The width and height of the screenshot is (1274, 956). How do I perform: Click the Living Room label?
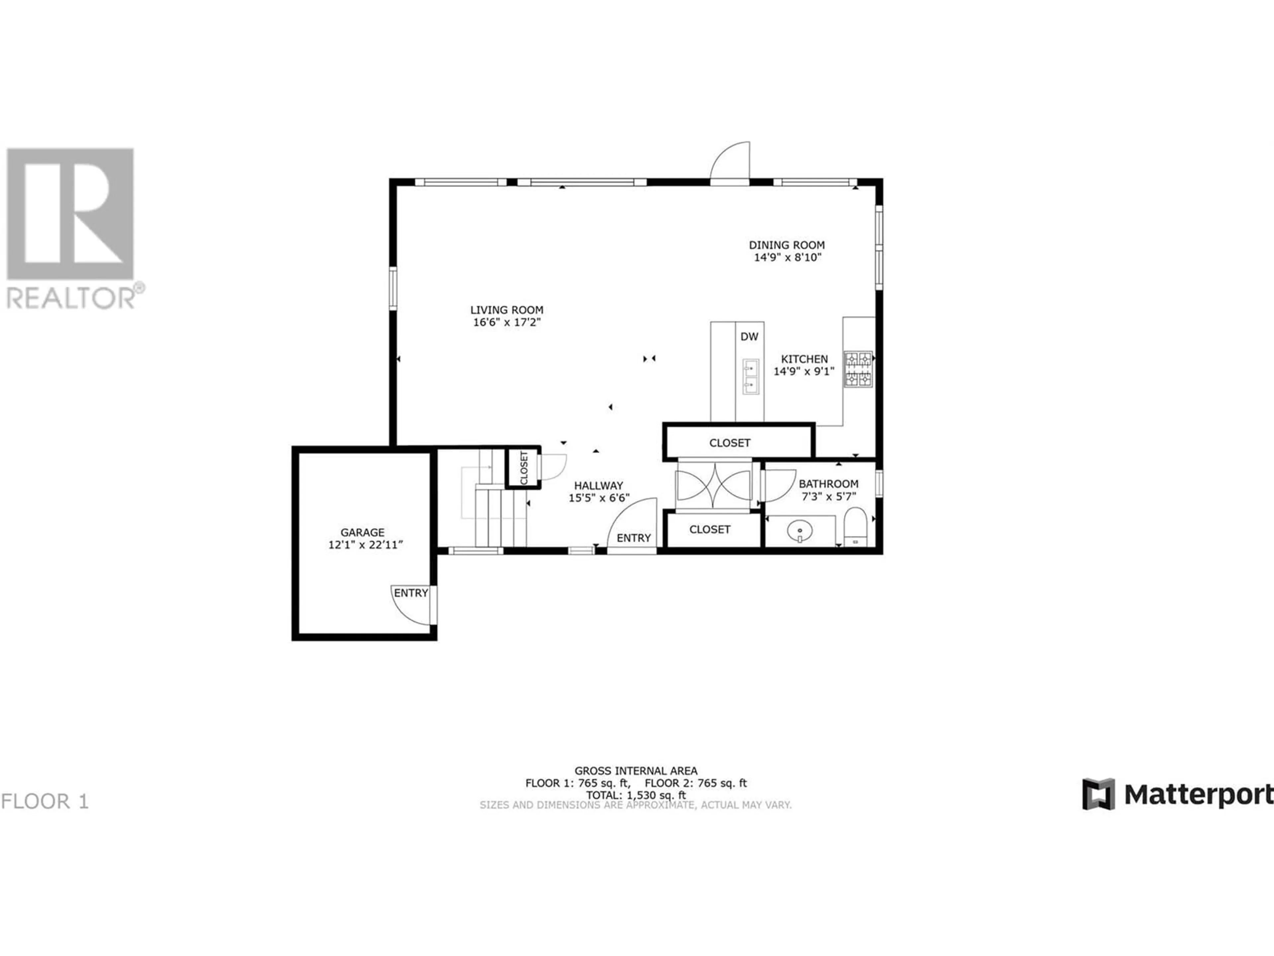pyautogui.click(x=507, y=310)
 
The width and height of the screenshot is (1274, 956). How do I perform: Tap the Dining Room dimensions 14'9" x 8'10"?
pyautogui.click(x=787, y=258)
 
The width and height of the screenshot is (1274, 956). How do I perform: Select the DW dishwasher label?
pyautogui.click(x=749, y=337)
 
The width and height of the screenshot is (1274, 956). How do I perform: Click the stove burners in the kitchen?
pyautogui.click(x=858, y=369)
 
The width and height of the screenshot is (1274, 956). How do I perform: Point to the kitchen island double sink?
pyautogui.click(x=750, y=376)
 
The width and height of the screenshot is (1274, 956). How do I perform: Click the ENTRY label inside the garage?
pyautogui.click(x=411, y=593)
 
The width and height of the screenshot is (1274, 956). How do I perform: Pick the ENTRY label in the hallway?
pyautogui.click(x=634, y=538)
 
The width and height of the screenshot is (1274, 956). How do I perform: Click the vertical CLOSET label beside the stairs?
pyautogui.click(x=524, y=467)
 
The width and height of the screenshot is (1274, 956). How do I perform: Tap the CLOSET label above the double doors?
pyautogui.click(x=730, y=442)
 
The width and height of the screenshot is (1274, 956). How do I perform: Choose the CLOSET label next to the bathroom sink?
pyautogui.click(x=710, y=529)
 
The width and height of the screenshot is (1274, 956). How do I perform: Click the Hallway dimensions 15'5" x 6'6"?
pyautogui.click(x=599, y=498)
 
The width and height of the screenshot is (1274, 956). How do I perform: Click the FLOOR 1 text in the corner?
pyautogui.click(x=45, y=801)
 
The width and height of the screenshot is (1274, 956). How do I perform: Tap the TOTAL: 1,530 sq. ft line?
pyautogui.click(x=636, y=795)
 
